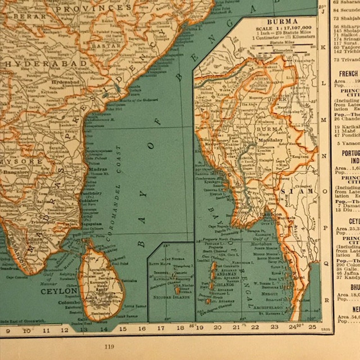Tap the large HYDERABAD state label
[45, 64]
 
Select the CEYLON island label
[59, 291]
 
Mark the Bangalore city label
[16, 172]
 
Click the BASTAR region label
[106, 46]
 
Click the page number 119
[109, 347]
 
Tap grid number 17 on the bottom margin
[161, 328]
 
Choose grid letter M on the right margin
[323, 120]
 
